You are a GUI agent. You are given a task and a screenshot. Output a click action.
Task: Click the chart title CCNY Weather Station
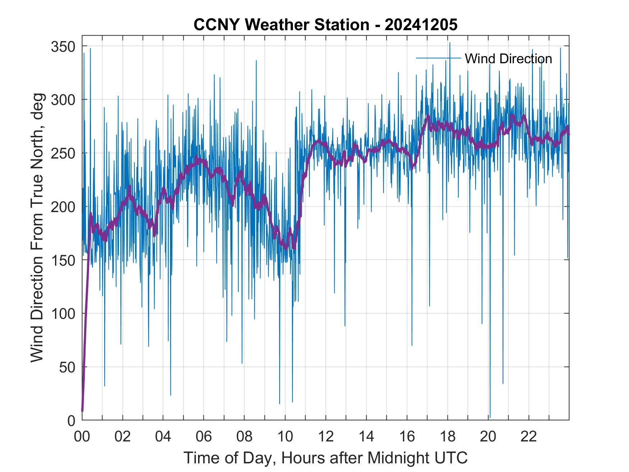coord(325,25)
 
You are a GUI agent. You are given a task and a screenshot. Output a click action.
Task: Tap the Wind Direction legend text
coord(508,59)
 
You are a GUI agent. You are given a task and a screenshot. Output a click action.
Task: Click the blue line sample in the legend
coord(438,58)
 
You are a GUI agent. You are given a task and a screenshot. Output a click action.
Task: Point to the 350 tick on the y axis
coord(62,47)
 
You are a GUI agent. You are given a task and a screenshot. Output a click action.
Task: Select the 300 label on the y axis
coord(62,100)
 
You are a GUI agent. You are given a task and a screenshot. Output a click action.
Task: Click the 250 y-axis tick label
coord(62,153)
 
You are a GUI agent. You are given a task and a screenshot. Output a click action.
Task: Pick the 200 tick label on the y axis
coord(62,207)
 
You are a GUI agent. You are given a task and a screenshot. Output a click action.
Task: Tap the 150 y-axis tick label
coord(62,260)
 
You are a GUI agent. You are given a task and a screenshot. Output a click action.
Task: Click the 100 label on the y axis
coord(62,314)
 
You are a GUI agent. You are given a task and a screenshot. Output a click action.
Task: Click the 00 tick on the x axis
coord(82,437)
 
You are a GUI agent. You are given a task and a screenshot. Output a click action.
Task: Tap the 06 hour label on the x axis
coord(203,437)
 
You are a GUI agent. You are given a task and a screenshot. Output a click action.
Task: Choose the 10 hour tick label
coord(285,437)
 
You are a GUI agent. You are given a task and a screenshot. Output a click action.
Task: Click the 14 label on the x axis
coord(366,437)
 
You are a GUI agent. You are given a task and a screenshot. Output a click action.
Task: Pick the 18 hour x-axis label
coord(447,437)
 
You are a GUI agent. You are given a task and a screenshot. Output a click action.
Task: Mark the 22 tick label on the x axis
coord(529,437)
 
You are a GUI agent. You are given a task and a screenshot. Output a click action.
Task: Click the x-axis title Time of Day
coord(325,458)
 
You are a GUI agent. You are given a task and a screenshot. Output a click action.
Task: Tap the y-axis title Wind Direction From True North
coord(37,228)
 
